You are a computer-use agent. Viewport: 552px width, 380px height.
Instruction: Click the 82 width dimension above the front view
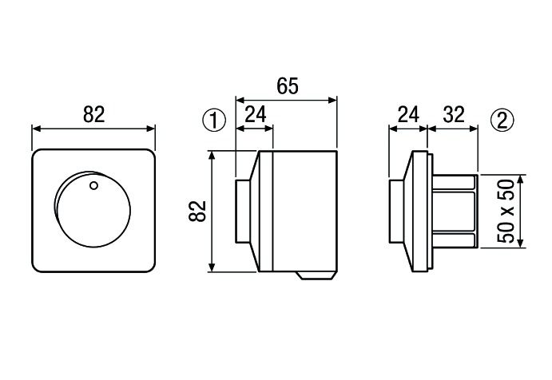pos(93,114)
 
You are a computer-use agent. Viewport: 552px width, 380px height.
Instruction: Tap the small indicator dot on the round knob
pos(93,187)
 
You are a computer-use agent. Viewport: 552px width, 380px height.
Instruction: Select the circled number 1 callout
pos(213,121)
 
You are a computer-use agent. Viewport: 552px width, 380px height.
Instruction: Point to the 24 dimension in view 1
pos(255,115)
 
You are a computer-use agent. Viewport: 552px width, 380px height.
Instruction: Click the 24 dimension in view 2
pos(408,115)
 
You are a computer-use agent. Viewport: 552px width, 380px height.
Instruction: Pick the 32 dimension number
pos(454,115)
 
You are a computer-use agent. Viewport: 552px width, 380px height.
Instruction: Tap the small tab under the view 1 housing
pos(316,276)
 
